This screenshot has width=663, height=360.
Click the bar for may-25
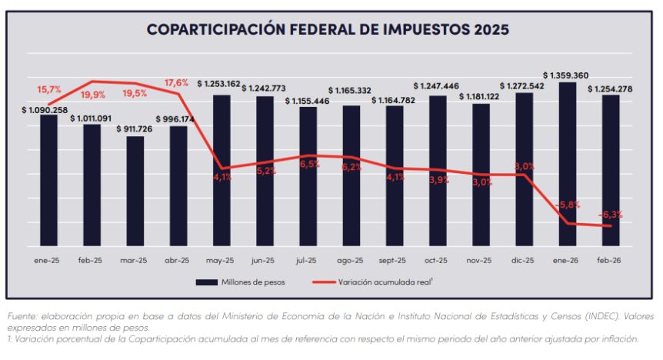point(222,169)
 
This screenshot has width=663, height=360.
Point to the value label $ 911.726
point(135,129)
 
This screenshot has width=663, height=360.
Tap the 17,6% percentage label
point(175,83)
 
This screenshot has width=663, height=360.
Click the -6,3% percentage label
point(610,215)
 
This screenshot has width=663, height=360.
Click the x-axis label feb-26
point(611,261)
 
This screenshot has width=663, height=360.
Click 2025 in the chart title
point(489,31)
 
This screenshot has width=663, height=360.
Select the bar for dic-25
point(525,169)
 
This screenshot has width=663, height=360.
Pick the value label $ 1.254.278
point(611,88)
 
